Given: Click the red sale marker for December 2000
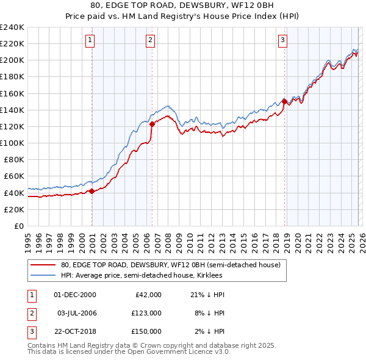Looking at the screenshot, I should point(91,191).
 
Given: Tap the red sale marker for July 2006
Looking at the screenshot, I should point(152,124).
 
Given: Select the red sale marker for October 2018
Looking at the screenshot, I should point(284,101).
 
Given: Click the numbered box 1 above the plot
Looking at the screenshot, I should point(90,41).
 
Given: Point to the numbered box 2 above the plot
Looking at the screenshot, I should point(150,41).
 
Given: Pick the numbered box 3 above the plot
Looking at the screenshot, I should point(283,41).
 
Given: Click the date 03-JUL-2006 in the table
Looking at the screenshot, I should point(76,313).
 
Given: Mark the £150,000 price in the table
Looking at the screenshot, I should point(147,331).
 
